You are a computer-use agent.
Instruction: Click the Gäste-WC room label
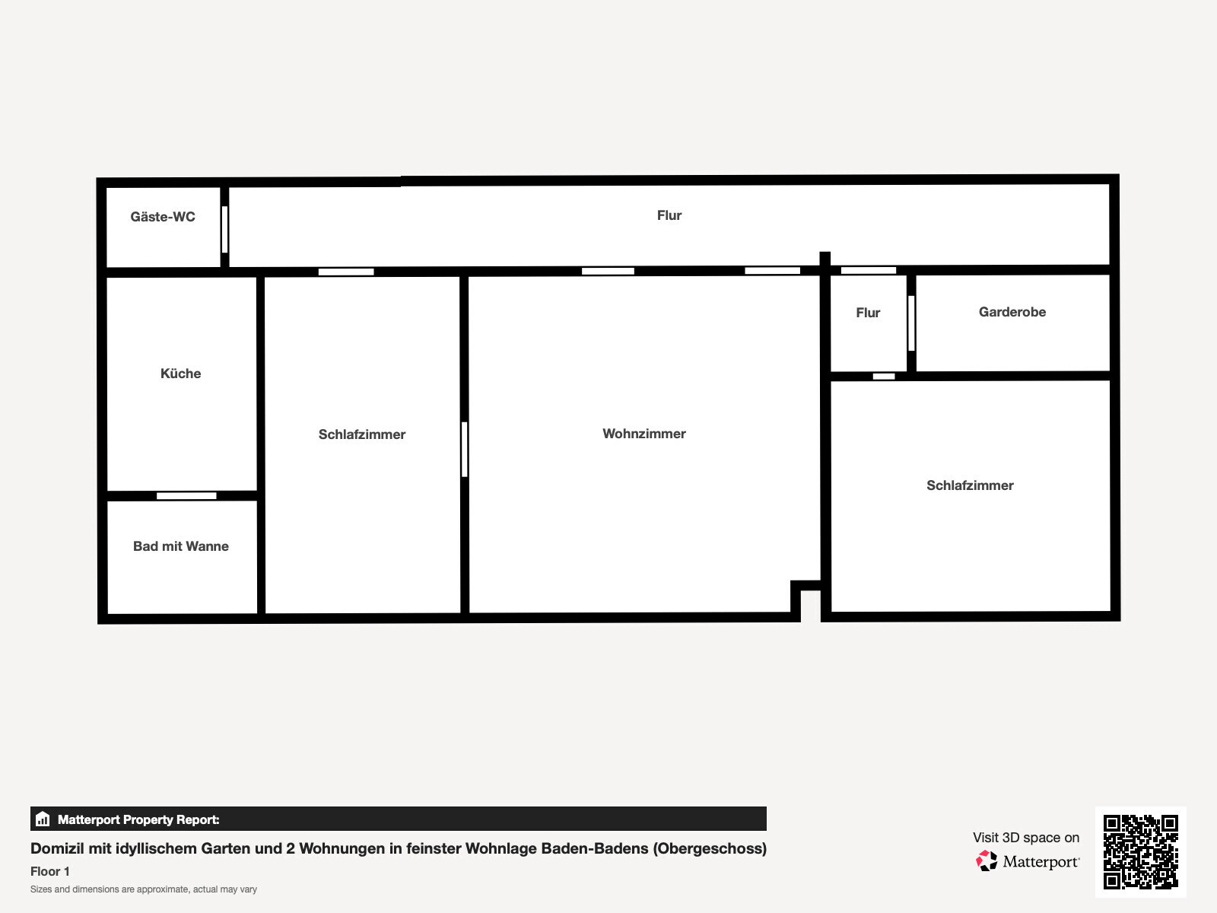(163, 216)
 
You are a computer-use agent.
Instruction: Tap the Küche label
(181, 373)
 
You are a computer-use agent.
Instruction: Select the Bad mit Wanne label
(181, 546)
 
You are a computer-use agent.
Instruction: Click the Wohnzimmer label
(644, 434)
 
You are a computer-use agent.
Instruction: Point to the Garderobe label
(1012, 311)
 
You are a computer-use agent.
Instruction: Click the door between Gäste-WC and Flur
(224, 230)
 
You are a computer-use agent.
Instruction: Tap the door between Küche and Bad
(186, 495)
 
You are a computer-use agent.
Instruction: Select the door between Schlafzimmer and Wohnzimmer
(465, 449)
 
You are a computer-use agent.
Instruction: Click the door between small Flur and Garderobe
(911, 323)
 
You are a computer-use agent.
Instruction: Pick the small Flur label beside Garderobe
(869, 313)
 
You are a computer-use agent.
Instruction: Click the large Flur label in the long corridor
(669, 215)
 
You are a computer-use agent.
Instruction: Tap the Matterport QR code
(1140, 851)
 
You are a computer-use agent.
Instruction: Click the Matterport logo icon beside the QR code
(987, 861)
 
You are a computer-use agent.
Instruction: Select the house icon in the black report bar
(43, 819)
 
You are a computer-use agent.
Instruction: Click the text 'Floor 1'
(50, 871)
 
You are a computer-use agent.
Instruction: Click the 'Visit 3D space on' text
(1026, 838)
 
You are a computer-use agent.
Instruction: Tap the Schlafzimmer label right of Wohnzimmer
(971, 485)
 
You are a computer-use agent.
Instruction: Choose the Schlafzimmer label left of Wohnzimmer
(362, 434)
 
